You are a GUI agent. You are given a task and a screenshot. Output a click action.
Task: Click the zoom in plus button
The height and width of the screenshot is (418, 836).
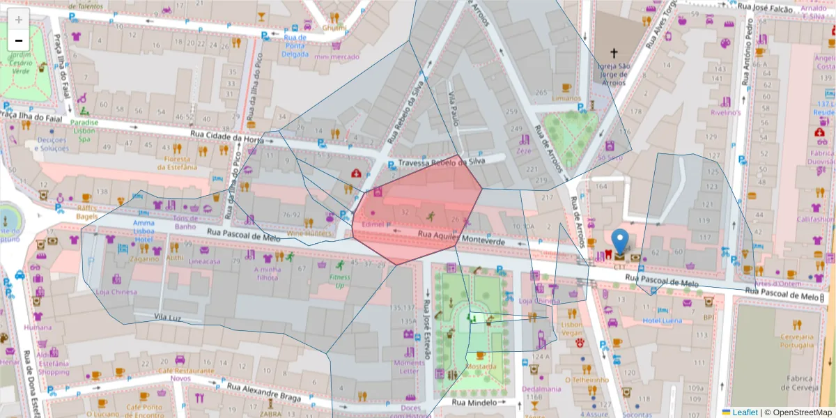tap(19, 20)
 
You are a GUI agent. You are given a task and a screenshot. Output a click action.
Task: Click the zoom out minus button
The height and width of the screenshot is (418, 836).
tap(19, 40)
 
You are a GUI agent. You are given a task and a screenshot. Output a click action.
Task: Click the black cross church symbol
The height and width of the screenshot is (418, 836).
tap(614, 53)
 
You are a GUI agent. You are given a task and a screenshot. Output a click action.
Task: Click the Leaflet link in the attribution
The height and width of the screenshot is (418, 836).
tap(745, 412)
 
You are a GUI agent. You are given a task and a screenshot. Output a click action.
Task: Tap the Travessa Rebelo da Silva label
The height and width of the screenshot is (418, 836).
tap(452, 163)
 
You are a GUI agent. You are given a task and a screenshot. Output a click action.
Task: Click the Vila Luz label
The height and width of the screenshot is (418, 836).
tap(168, 317)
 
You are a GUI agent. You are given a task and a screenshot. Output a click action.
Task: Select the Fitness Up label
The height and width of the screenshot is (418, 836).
tap(339, 281)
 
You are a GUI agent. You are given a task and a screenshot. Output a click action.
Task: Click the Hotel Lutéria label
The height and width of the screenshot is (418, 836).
tap(662, 320)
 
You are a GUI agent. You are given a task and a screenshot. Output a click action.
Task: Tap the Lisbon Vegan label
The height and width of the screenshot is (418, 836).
tap(571, 329)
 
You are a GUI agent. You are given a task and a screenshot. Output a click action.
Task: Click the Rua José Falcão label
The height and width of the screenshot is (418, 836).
tap(765, 6)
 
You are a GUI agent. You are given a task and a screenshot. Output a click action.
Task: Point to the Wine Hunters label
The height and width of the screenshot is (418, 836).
tap(307, 233)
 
